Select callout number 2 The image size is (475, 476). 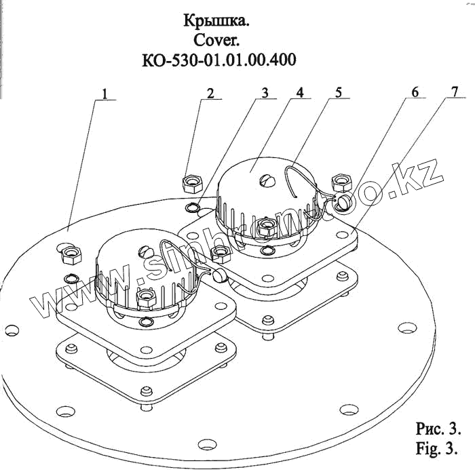coord(211,93)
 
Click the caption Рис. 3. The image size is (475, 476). coord(438,430)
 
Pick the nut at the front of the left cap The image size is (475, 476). coord(144,297)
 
